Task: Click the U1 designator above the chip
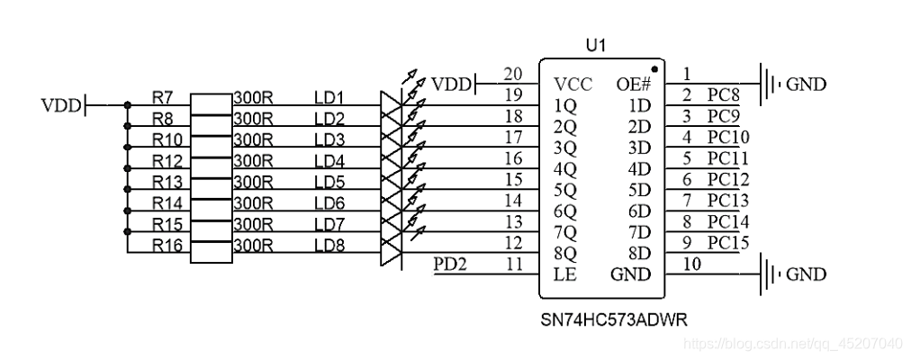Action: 596,46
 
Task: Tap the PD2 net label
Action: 450,265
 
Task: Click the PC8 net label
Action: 724,95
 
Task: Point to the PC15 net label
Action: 728,243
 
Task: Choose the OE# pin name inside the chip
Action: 633,85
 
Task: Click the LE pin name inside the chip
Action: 566,274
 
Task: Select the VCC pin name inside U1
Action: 573,85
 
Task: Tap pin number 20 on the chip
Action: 513,74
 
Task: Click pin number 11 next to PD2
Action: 513,265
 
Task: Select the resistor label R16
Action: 167,245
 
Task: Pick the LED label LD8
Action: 329,245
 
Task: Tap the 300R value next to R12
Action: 253,161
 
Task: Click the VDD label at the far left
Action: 60,106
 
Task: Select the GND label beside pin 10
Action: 806,274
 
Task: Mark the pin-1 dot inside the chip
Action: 654,68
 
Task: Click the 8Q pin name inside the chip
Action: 566,254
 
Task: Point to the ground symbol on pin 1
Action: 770,85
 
